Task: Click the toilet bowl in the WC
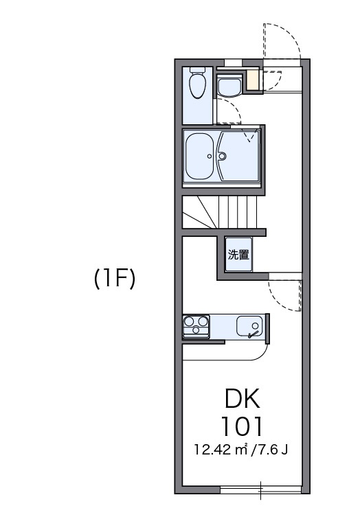(198, 86)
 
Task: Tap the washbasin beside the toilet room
(229, 87)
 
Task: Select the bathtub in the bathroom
(199, 156)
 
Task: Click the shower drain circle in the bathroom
(223, 156)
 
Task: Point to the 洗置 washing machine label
(238, 255)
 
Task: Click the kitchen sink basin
(249, 326)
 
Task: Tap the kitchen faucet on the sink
(253, 334)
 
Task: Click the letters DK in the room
(243, 398)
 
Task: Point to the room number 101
(242, 426)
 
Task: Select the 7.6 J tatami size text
(272, 450)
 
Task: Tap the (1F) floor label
(115, 279)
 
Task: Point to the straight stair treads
(238, 212)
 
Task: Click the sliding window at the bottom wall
(261, 489)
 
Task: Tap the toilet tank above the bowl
(198, 70)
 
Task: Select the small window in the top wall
(234, 63)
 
